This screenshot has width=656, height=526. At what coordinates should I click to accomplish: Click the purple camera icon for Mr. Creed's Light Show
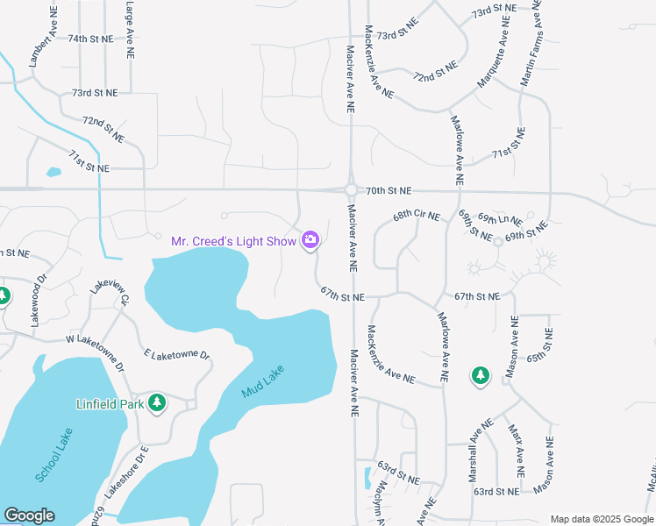click(310, 239)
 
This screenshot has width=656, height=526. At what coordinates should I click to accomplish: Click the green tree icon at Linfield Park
click(157, 403)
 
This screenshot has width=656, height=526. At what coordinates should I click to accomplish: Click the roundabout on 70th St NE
click(351, 190)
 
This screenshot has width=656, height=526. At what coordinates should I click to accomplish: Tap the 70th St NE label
click(389, 190)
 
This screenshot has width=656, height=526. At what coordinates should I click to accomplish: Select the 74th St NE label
click(91, 39)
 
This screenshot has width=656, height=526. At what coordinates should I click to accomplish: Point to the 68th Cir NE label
click(416, 215)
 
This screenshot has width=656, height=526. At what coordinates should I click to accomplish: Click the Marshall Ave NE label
click(478, 444)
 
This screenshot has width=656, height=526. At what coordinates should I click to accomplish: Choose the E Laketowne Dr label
click(179, 355)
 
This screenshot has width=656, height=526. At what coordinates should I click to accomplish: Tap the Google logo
click(30, 515)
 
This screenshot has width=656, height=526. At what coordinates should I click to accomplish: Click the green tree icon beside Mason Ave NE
click(480, 376)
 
